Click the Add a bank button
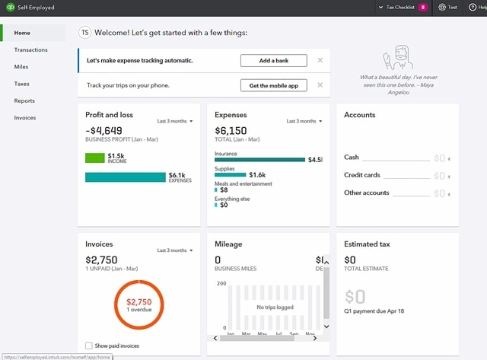(274, 60)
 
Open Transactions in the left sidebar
(30, 50)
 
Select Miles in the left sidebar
(21, 67)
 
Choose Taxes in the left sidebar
(22, 84)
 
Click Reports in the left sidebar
(24, 100)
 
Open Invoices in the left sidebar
(25, 118)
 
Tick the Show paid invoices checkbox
(90, 346)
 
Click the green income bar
(94, 158)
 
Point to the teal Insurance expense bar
(259, 160)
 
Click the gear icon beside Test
(442, 7)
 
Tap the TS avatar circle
(85, 33)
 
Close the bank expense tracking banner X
(320, 60)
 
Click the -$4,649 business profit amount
(104, 130)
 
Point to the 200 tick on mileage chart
(221, 283)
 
